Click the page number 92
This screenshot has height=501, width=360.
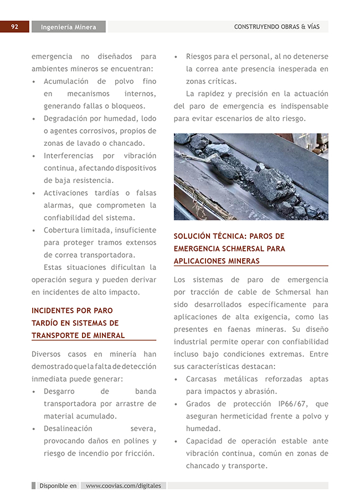point(14,27)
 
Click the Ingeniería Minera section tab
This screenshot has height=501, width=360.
point(68,27)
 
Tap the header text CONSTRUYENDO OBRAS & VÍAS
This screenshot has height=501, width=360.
point(276,27)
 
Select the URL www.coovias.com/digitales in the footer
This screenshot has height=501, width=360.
point(124,485)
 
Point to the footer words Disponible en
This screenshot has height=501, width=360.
point(58,485)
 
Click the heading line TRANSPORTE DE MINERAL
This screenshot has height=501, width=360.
point(78,335)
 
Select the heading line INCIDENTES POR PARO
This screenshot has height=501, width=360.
point(72,310)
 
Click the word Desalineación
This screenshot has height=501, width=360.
point(68,428)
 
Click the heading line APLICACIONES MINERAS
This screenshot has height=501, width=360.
point(217,260)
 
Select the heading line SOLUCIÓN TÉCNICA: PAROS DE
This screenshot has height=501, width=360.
point(229,236)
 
